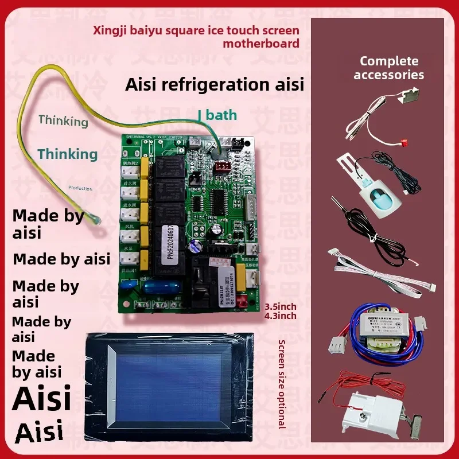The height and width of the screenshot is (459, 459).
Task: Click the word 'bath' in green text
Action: [221, 115]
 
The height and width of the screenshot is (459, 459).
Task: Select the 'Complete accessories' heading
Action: [388, 68]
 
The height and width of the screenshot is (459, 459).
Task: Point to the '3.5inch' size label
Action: [281, 307]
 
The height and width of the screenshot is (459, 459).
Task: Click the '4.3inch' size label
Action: [281, 316]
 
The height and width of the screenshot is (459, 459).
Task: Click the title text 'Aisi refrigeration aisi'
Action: [214, 85]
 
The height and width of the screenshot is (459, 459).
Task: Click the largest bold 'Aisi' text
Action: [41, 398]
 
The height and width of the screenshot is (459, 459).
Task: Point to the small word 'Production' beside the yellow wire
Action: [80, 188]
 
